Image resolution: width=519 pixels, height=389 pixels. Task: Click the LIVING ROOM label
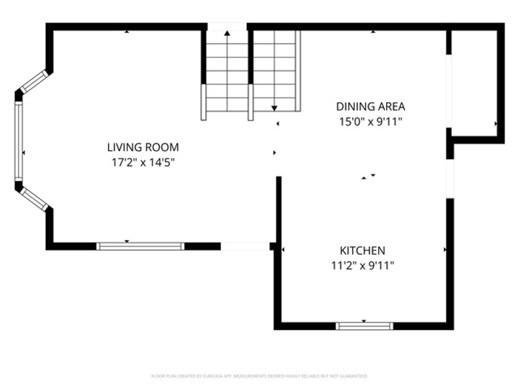click(x=143, y=147)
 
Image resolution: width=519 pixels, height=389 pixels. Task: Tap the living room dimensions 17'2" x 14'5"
click(x=143, y=163)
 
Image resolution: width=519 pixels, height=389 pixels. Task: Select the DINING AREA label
click(x=370, y=106)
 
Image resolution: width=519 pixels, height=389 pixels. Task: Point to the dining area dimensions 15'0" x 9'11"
click(x=370, y=122)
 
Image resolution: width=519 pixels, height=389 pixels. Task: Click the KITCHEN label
click(x=362, y=250)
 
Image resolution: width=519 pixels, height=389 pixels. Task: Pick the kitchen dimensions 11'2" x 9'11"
click(x=362, y=265)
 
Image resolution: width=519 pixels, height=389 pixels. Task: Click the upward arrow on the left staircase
click(x=227, y=33)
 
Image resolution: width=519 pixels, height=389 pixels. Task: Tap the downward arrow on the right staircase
click(x=274, y=107)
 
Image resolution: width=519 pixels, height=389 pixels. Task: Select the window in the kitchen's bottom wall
click(x=364, y=326)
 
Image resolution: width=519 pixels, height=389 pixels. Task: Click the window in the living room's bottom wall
click(x=140, y=246)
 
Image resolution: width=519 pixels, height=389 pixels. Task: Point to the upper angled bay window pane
click(x=34, y=81)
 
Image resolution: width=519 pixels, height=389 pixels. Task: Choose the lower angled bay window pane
click(x=34, y=199)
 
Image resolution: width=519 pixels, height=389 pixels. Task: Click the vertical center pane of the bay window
click(x=19, y=140)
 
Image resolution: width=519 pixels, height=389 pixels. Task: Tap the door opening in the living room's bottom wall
click(x=245, y=246)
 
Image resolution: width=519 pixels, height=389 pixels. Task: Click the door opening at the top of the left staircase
click(x=227, y=26)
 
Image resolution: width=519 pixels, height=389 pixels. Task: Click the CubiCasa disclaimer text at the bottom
click(x=259, y=376)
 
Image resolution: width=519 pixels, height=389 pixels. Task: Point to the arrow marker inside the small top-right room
click(x=496, y=124)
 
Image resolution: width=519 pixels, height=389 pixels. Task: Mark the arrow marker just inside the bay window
click(x=24, y=152)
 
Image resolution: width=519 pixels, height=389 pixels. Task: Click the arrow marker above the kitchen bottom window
click(x=364, y=321)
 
